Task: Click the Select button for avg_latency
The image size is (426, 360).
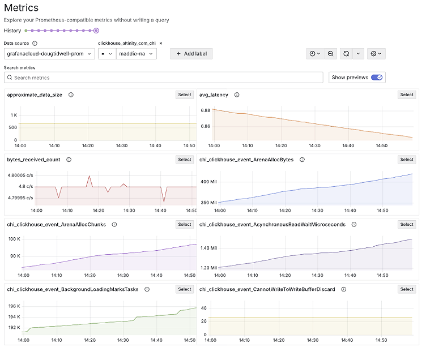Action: pyautogui.click(x=407, y=95)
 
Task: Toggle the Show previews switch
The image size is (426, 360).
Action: pyautogui.click(x=377, y=78)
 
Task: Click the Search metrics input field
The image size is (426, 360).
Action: pyautogui.click(x=164, y=78)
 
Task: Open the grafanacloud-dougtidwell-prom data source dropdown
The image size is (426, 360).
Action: pyautogui.click(x=49, y=54)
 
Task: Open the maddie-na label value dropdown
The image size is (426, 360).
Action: pyautogui.click(x=136, y=54)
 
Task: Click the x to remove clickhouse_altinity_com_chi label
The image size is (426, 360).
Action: pyautogui.click(x=161, y=43)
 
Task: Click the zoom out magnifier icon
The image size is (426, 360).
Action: pyautogui.click(x=330, y=54)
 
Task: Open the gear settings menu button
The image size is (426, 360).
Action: pyautogui.click(x=376, y=54)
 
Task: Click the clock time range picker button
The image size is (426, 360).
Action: pyautogui.click(x=314, y=54)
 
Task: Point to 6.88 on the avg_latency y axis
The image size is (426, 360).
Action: pyautogui.click(x=205, y=110)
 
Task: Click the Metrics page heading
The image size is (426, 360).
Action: pyautogui.click(x=21, y=8)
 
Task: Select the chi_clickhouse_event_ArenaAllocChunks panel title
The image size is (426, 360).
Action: pyautogui.click(x=56, y=225)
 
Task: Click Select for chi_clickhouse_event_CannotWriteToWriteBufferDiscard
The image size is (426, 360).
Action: pyautogui.click(x=407, y=289)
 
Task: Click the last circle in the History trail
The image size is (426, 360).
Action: pyautogui.click(x=96, y=31)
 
